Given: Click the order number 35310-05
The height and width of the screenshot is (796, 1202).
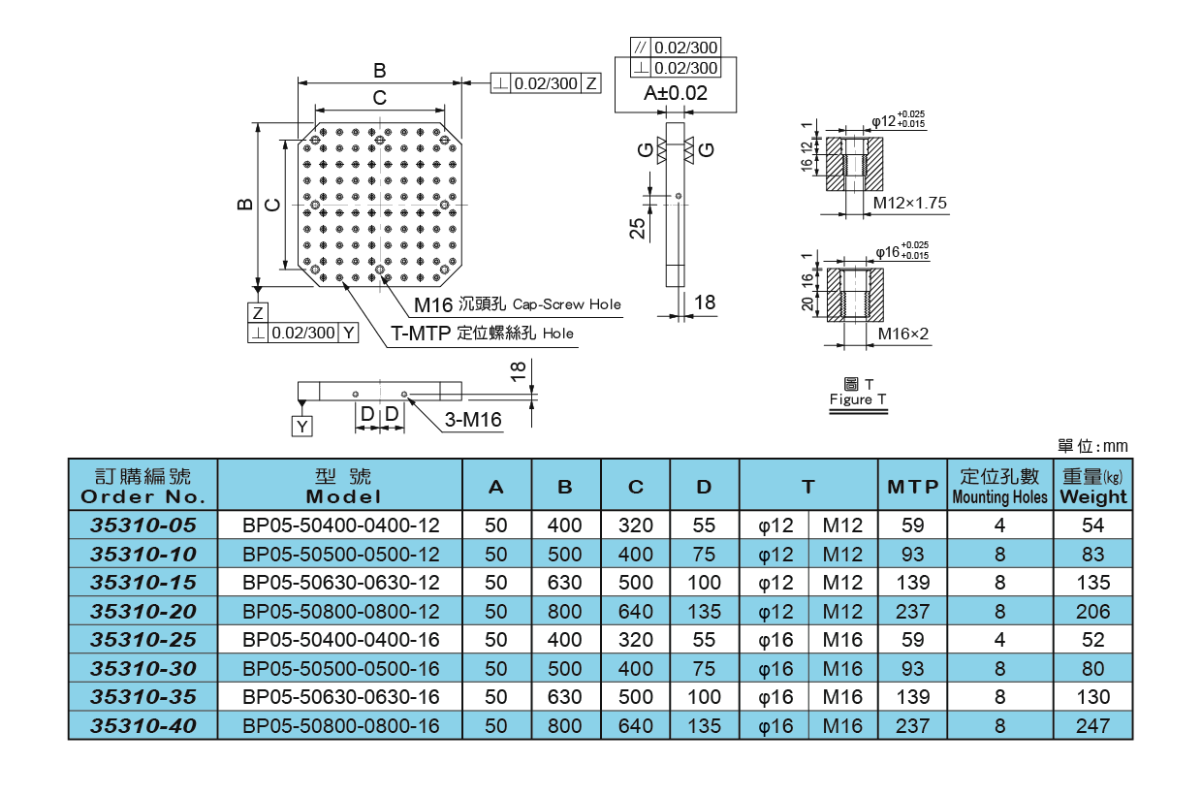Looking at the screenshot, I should pos(142,525).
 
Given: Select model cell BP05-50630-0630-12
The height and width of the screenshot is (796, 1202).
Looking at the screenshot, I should pos(340,583).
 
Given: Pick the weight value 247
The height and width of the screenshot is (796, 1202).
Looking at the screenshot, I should pos(1093,725).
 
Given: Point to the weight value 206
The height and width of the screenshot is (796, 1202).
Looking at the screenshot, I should pos(1093,611).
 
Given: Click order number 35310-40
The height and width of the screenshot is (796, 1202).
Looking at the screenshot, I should pos(142,725).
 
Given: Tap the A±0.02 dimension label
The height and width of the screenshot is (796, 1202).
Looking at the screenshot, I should pos(676,94).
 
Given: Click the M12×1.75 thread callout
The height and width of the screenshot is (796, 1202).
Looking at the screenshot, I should pos(909,204).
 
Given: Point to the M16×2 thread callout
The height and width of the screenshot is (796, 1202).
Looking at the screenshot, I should pos(903,334).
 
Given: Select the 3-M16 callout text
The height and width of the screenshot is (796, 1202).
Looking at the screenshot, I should pos(472,420).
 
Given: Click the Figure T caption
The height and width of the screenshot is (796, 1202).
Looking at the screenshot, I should pos(858,399).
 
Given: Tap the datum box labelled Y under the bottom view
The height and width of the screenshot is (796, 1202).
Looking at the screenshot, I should pos(303,427).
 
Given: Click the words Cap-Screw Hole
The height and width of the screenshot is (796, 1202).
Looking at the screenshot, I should pos(566,304).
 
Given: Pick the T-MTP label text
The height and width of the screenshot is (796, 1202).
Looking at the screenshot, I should pos(421,334).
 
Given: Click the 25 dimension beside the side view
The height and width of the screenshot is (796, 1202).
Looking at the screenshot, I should pos(636,228).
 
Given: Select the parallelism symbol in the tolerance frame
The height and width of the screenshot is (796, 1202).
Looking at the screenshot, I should pos(640,47).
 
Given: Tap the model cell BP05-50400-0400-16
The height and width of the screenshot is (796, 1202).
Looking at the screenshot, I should pos(340,640).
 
